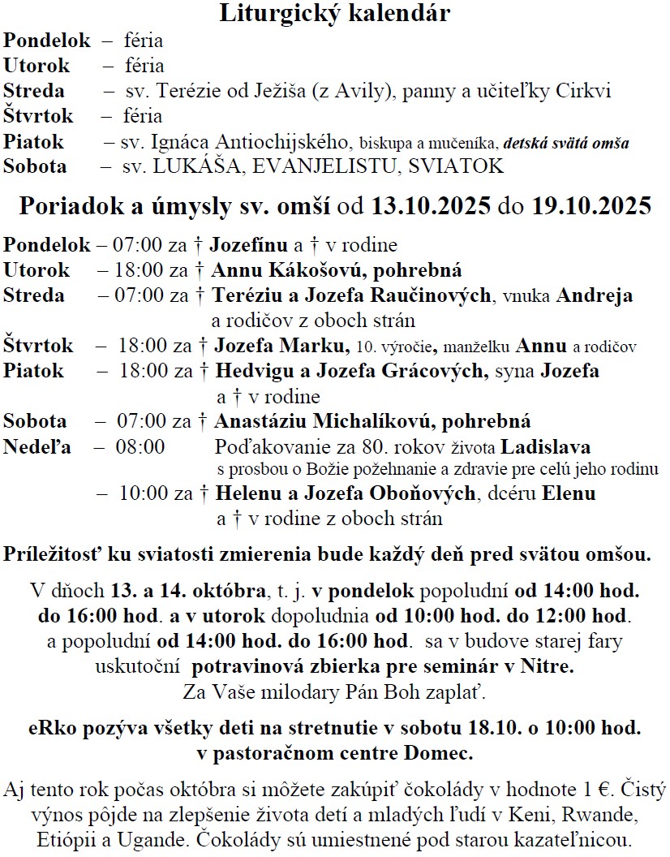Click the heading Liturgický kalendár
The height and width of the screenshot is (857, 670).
pos(335,14)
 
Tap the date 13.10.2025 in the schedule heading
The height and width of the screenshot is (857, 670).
pos(431,206)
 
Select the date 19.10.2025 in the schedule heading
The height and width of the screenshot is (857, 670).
pos(592,206)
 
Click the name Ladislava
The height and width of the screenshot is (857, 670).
pos(545,447)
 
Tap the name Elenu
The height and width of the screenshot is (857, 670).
pos(569,493)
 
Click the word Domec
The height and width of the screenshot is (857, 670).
pos(444,752)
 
